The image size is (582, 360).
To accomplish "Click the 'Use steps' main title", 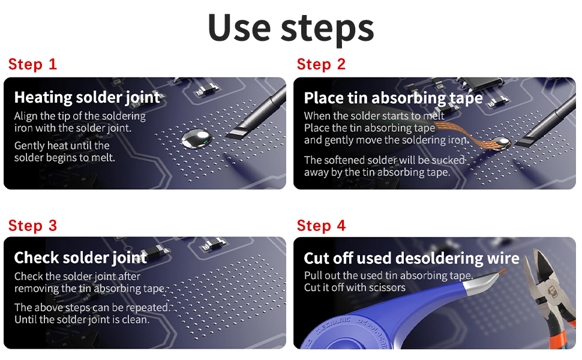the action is click(x=290, y=28).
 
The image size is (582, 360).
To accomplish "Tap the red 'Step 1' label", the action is click(x=32, y=64).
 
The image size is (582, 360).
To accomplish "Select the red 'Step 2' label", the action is click(x=321, y=64).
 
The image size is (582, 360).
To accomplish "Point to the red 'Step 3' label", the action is click(x=32, y=226).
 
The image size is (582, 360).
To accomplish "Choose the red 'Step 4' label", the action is click(x=321, y=226).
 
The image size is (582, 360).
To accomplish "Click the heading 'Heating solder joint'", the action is click(x=87, y=98).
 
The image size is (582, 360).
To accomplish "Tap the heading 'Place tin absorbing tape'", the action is click(x=394, y=98).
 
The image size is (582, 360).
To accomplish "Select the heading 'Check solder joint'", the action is click(x=80, y=258).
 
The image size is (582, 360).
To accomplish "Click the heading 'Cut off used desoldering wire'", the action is click(x=411, y=259).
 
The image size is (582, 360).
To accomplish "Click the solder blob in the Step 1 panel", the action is click(x=196, y=139).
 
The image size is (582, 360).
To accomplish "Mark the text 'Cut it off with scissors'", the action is click(x=355, y=287).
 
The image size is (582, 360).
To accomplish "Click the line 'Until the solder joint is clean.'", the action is click(x=82, y=320).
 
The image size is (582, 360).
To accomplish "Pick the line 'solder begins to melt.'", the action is click(x=65, y=158).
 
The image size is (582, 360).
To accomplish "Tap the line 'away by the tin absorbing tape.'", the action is click(x=377, y=172).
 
